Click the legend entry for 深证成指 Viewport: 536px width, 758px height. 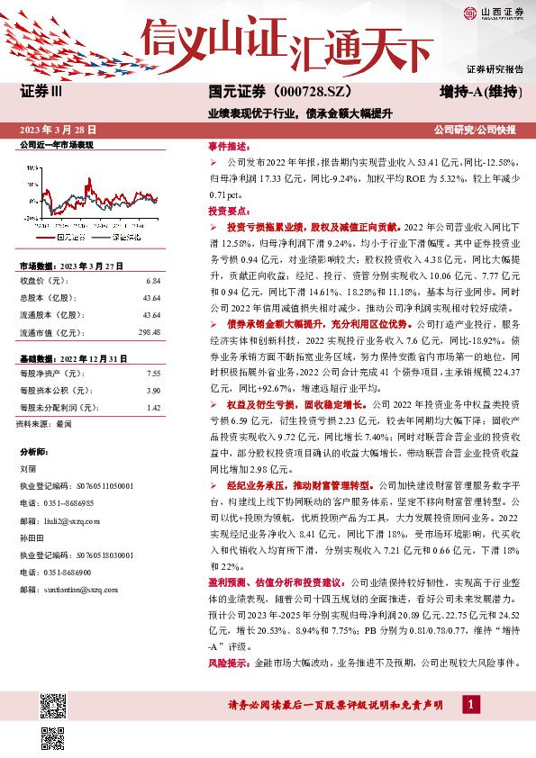[x=123, y=238]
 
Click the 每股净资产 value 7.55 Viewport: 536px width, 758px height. [x=152, y=373]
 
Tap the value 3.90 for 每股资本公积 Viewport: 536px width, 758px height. [x=152, y=390]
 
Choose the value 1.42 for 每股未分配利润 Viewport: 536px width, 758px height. [x=152, y=407]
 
